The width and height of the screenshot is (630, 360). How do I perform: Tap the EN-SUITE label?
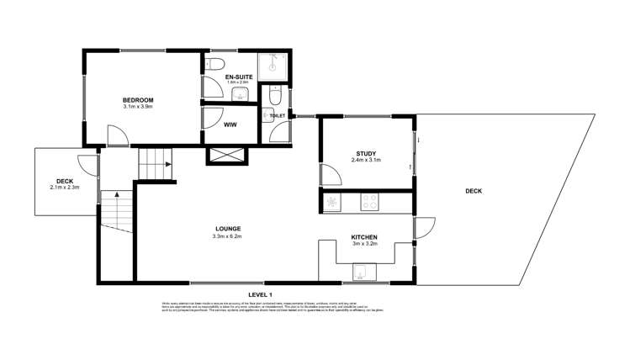tap(240, 77)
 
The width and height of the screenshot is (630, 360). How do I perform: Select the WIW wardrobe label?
tap(229, 124)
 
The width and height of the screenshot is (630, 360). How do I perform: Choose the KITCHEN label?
tap(364, 238)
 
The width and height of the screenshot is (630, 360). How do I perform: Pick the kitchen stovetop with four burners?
tap(369, 202)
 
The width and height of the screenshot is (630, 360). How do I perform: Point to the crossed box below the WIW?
tap(227, 155)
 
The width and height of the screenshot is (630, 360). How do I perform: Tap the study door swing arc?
tap(330, 174)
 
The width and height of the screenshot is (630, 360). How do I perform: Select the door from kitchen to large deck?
tap(424, 228)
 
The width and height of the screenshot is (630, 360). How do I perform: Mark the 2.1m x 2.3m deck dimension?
tap(64, 188)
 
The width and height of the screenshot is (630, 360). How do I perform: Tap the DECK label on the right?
tap(474, 191)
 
